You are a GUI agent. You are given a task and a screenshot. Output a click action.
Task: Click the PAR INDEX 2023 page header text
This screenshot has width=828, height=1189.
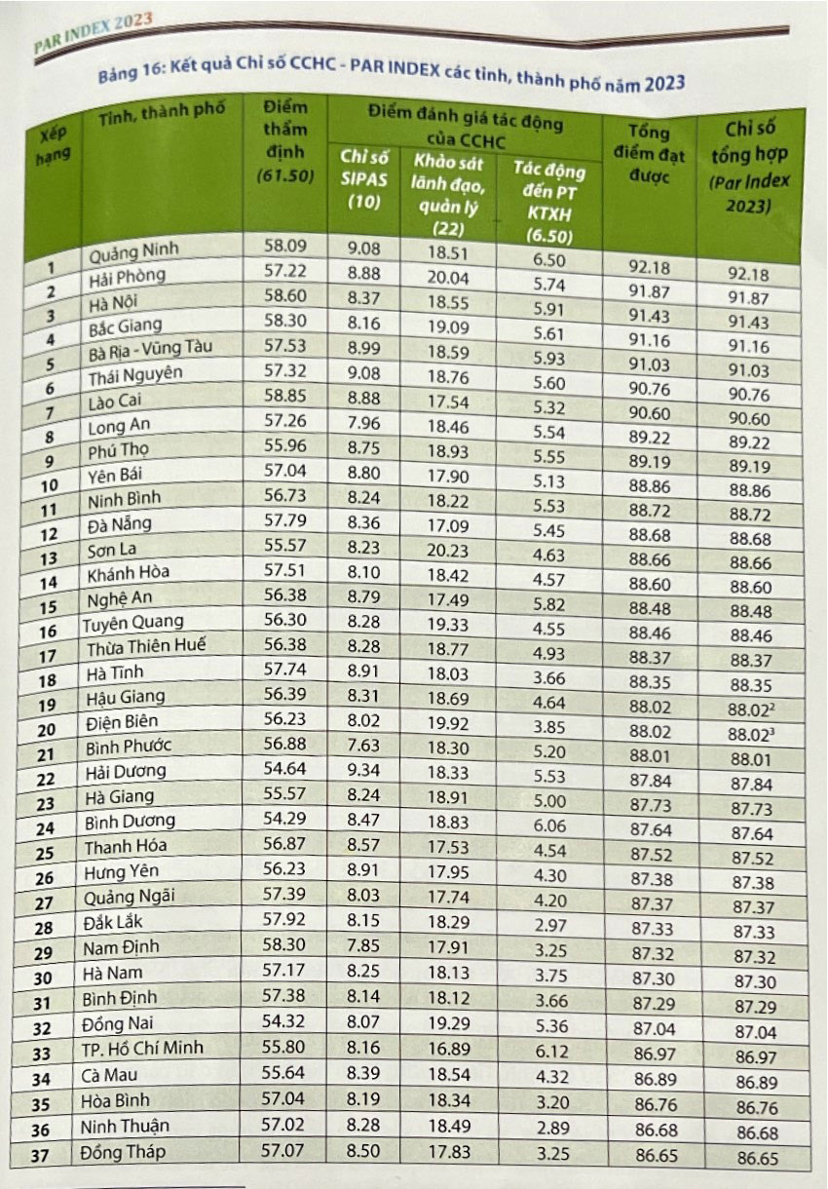coord(94,33)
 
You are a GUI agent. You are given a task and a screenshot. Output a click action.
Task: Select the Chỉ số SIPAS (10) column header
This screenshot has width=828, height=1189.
coord(364,179)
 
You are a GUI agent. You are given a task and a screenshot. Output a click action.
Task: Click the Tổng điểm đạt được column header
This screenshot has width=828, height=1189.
coord(649,154)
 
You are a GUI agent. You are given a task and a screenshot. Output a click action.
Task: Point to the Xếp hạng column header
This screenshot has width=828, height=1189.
coord(53,145)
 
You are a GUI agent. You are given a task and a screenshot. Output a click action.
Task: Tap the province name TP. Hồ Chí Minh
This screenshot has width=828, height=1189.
coord(142,1048)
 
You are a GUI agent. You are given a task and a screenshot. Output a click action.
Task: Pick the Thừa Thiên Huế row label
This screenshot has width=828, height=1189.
coord(146,646)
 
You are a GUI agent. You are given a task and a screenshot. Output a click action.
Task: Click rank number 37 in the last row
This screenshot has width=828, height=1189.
coord(40,1155)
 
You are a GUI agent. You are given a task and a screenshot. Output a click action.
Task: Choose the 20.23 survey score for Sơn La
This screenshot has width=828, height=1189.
coord(447,551)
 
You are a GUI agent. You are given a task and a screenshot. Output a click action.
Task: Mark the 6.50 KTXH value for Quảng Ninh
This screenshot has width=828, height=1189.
coord(548,260)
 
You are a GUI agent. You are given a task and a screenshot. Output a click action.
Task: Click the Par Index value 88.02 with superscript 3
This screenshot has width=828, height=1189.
coord(751,735)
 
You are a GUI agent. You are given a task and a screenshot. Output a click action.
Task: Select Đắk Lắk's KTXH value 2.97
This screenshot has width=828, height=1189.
coord(550,925)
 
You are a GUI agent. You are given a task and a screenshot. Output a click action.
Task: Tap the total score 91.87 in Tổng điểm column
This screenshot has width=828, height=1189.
coord(650,291)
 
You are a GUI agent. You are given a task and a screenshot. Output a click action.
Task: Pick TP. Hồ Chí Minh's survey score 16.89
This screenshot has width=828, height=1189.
coord(449,1050)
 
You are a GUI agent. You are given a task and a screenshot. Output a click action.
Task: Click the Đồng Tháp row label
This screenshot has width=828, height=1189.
coord(123,1152)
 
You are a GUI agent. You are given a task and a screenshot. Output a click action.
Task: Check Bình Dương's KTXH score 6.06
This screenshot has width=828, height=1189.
coord(549,825)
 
